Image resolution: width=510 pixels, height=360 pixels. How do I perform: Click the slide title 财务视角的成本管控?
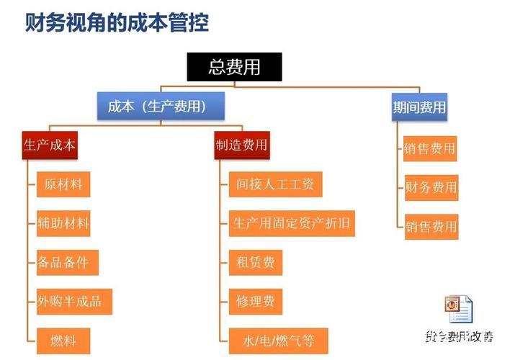117,24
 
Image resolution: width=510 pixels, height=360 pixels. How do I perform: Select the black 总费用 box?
234,67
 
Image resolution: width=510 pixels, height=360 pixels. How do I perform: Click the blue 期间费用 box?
419,108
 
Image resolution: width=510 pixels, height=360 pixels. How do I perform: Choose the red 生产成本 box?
50,145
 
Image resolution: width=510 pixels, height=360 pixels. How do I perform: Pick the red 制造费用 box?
242,145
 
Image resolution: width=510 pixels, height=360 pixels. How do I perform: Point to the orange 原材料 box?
63,184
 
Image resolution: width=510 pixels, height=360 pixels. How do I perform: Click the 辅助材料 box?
63,223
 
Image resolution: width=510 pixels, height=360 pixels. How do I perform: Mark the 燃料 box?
63,339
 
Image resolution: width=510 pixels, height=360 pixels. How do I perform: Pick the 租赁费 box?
256,262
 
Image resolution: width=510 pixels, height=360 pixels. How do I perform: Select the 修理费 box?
256,301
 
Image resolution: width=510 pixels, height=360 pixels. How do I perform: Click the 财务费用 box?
430,188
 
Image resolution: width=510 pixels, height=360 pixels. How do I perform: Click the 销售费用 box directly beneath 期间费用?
430,149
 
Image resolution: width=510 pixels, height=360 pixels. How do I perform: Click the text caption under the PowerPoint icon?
459,336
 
